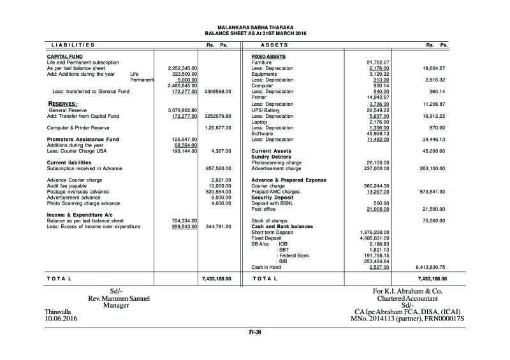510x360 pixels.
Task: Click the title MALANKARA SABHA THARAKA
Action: (255, 27)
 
